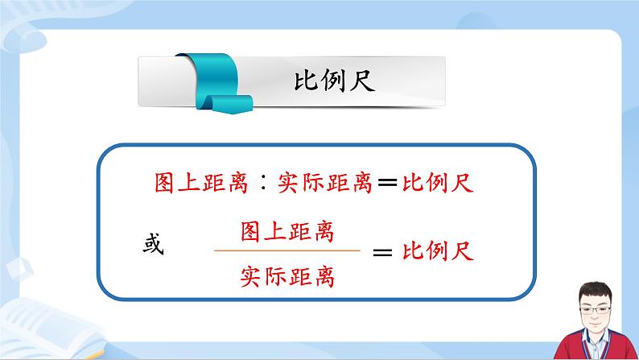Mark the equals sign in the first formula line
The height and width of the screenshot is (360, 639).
click(386, 184)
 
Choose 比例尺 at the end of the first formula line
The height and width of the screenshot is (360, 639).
click(439, 184)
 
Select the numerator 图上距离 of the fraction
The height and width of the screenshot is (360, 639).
click(287, 233)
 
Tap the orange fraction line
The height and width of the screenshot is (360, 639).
click(287, 251)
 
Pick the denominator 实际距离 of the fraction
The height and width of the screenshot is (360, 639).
click(287, 277)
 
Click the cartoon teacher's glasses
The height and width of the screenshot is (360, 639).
click(593, 310)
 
